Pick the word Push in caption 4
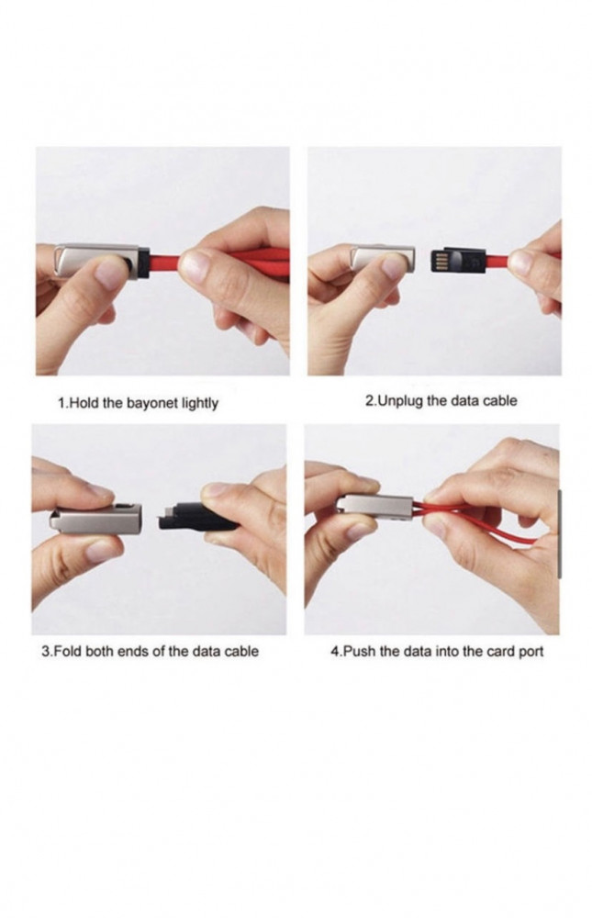pyautogui.click(x=360, y=651)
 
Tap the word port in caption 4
pyautogui.click(x=531, y=652)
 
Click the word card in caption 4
pyautogui.click(x=502, y=651)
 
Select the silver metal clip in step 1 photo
pyautogui.click(x=98, y=258)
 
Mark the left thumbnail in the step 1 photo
pyautogui.click(x=109, y=274)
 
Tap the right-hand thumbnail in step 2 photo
pyautogui.click(x=520, y=263)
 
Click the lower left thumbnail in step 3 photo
pyautogui.click(x=102, y=551)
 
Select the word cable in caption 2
pyautogui.click(x=500, y=402)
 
